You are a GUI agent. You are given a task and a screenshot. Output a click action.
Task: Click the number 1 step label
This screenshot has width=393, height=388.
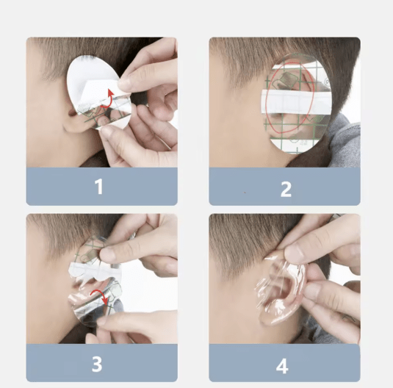99,187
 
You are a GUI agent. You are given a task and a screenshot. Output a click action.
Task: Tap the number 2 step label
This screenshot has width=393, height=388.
286,189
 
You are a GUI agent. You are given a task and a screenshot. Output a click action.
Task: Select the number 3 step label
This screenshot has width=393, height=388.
97,364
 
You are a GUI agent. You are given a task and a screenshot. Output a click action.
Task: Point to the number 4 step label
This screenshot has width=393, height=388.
282,366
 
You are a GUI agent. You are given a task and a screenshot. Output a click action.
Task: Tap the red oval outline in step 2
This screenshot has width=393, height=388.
267,99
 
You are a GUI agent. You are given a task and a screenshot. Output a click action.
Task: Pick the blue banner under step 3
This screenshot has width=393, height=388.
102,363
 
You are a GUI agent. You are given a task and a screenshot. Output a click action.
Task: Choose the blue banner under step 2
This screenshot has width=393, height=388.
285,187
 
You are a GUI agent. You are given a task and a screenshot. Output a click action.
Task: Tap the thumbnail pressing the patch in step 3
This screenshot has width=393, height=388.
105,254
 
